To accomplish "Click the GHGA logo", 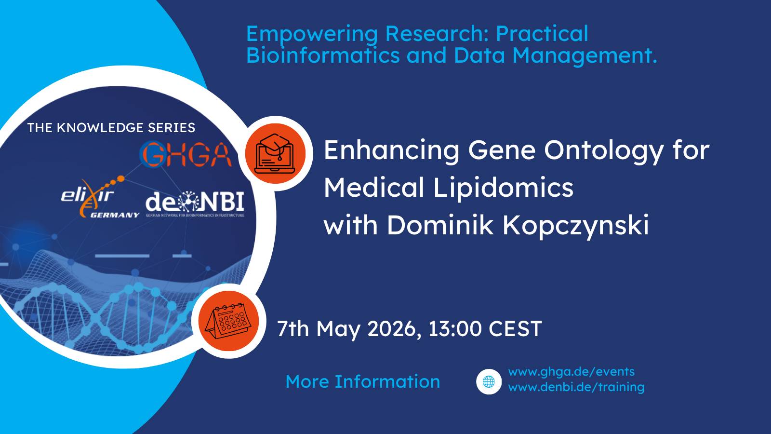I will (x=186, y=155).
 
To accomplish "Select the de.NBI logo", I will (x=195, y=203).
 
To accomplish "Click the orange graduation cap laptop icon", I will (x=275, y=153).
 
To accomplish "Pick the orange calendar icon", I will (x=229, y=321).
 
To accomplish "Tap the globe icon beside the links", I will (x=489, y=382).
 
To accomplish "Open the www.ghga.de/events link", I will (x=571, y=372).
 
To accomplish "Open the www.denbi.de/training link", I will (x=576, y=387).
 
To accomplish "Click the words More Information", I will (x=363, y=382).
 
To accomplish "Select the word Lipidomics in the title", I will (x=503, y=188).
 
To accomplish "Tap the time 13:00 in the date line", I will (x=455, y=329).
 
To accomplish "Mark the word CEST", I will (x=515, y=329).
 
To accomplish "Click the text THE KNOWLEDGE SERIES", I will (x=111, y=128).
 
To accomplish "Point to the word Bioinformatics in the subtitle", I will (x=323, y=55).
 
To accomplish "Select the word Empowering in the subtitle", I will (x=312, y=34).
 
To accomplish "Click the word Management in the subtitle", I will (x=584, y=55).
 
